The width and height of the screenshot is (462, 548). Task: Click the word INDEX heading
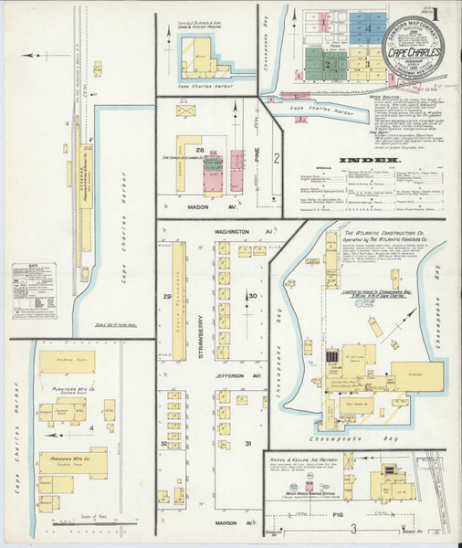tap(372, 161)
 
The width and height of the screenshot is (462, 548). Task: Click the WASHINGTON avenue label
tap(233, 233)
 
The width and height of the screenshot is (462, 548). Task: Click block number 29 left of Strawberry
tap(167, 298)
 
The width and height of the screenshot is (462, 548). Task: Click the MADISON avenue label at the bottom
tap(226, 523)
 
